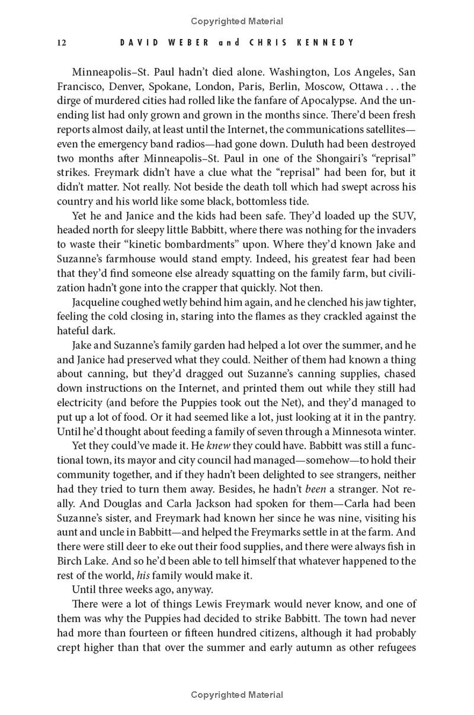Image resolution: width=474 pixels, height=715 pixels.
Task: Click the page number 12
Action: [x=61, y=43]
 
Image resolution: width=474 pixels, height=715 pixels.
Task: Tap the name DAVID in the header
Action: [x=137, y=43]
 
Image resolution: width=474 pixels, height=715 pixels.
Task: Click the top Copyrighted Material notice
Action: [x=237, y=21]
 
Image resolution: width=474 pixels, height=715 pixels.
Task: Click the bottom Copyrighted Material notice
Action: [x=237, y=694]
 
